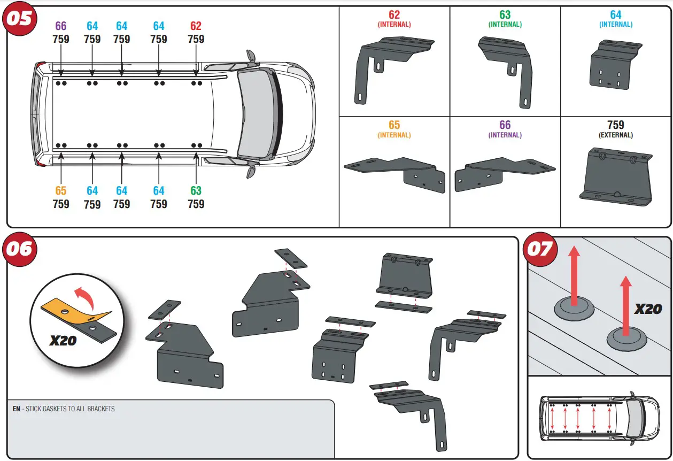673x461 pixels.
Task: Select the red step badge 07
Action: (540, 250)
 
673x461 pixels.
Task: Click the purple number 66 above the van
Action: (61, 26)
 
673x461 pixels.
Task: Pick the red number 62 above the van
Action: (196, 26)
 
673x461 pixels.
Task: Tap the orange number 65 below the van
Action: (61, 191)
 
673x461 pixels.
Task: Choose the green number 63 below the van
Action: (196, 191)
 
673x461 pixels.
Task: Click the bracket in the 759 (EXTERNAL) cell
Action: (616, 176)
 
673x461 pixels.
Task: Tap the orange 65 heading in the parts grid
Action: (394, 125)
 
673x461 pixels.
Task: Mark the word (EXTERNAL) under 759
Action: (615, 135)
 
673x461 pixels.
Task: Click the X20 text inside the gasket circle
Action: (63, 340)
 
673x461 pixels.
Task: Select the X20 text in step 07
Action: (648, 309)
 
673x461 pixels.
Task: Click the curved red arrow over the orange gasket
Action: (85, 297)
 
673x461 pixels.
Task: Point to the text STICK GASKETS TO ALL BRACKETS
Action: (70, 409)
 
